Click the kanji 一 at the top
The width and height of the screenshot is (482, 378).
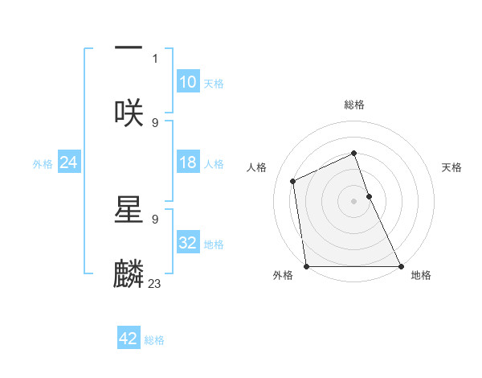tap(129, 49)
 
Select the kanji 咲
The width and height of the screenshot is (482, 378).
tap(129, 112)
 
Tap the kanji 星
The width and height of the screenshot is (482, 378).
tap(129, 208)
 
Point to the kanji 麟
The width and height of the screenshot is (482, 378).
tap(129, 273)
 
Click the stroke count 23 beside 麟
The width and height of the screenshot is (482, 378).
tap(155, 283)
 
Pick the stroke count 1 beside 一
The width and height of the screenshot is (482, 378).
tap(155, 58)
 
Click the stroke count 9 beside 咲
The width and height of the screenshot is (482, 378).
tap(155, 122)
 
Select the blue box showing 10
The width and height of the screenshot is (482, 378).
tap(188, 82)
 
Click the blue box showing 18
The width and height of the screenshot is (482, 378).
tap(188, 162)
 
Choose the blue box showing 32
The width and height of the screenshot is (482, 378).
tap(188, 243)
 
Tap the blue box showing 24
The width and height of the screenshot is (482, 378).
tap(69, 162)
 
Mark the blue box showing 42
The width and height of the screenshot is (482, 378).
tap(129, 339)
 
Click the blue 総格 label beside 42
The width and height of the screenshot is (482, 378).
tap(155, 340)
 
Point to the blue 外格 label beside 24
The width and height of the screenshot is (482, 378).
tap(43, 164)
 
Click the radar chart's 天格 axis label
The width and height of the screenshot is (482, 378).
tap(452, 167)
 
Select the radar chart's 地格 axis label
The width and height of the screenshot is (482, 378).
tap(421, 275)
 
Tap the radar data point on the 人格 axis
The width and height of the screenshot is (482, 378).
tap(293, 181)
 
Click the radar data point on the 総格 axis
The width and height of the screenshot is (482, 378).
tap(354, 153)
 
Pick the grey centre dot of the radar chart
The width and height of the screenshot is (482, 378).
tap(354, 201)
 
